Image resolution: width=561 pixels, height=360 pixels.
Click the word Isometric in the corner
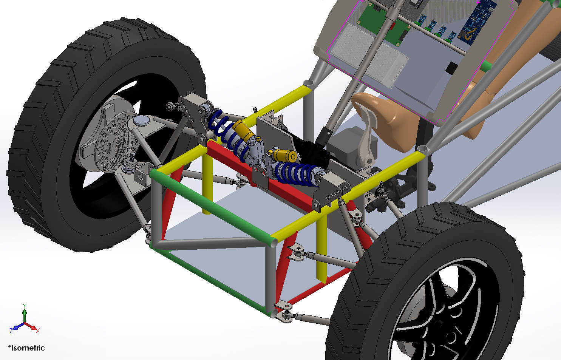point(28,348)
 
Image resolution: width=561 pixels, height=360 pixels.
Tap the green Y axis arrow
point(25,314)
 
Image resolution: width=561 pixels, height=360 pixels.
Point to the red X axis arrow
point(31,327)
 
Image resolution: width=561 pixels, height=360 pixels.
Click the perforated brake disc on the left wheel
point(116,141)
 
